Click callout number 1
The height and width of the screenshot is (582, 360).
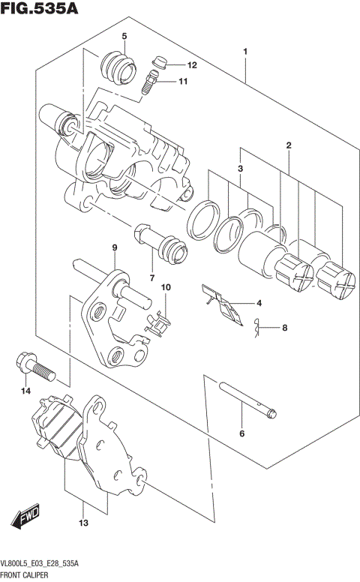[x=245, y=51]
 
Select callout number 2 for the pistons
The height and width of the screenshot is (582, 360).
[x=288, y=145]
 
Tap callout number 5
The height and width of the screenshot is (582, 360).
[x=124, y=36]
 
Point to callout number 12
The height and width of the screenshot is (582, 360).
[x=191, y=65]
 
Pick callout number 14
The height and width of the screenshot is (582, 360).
[x=25, y=391]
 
